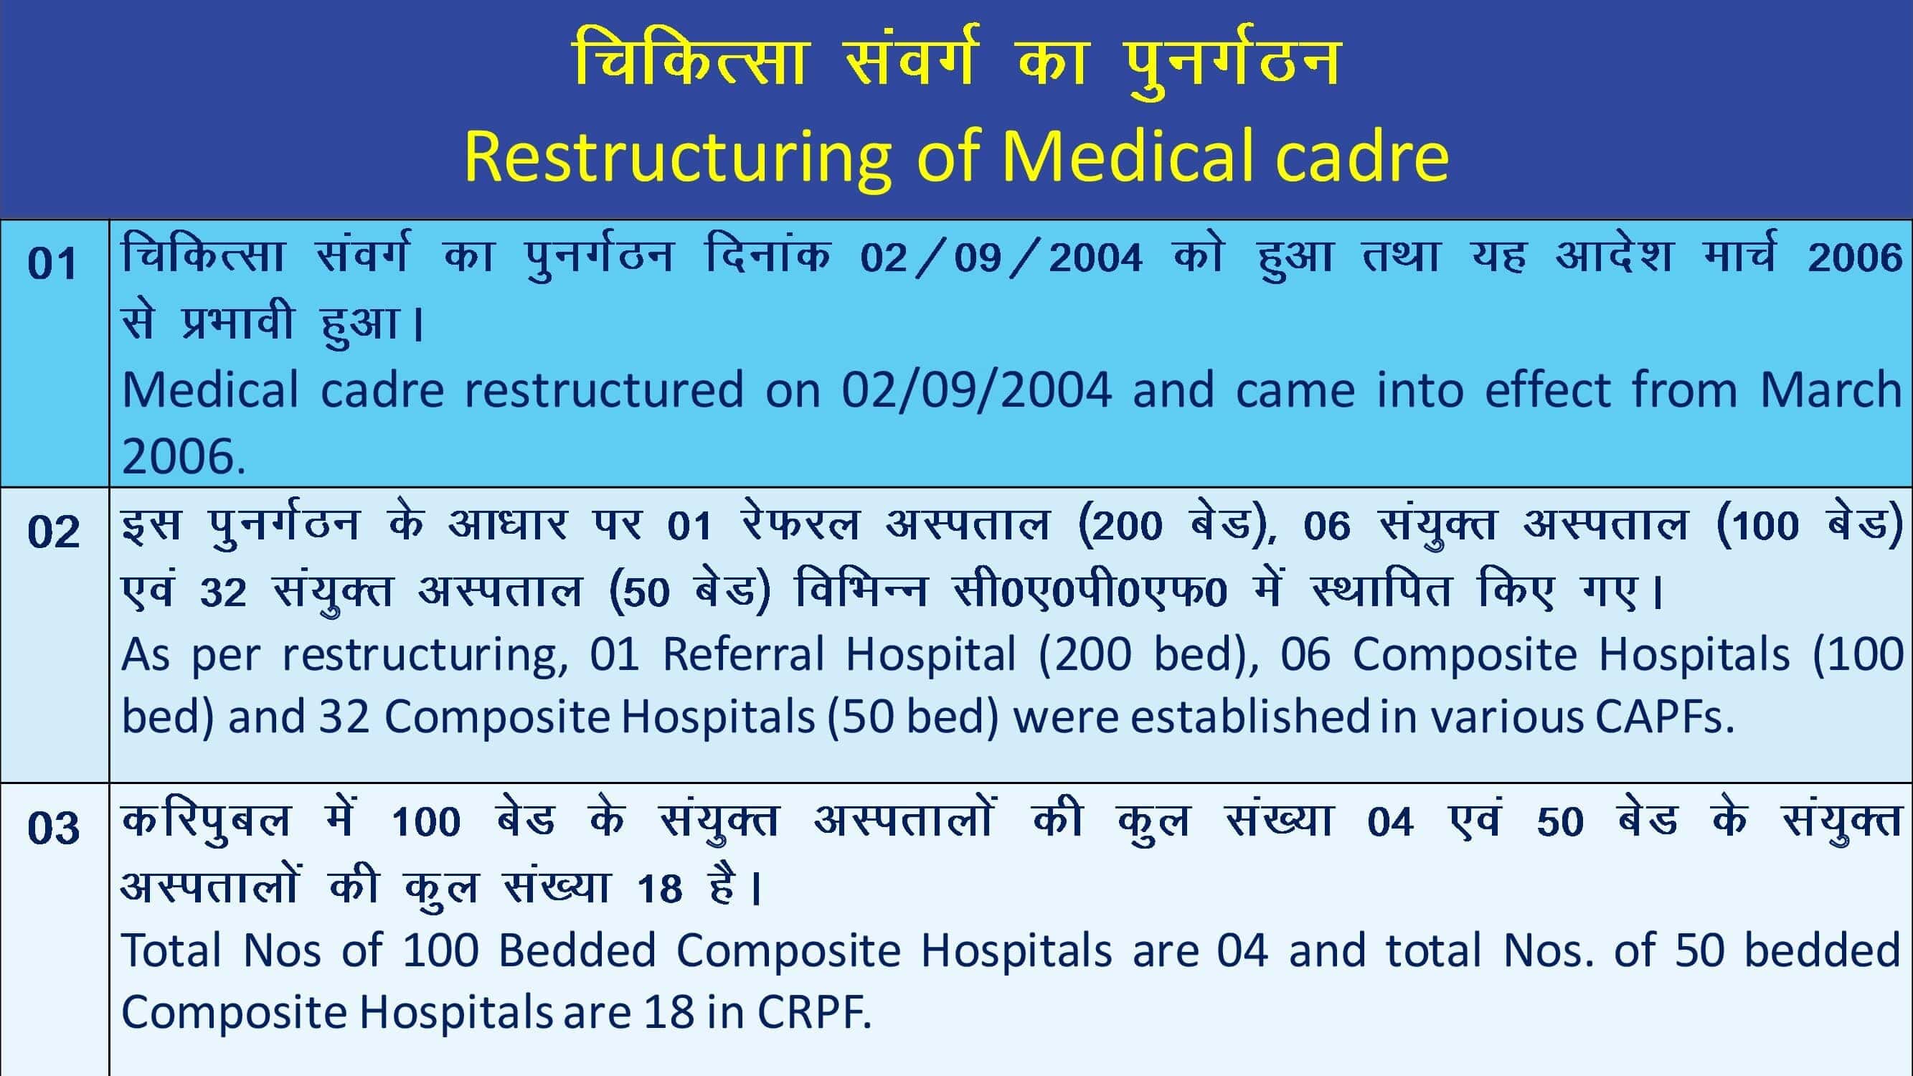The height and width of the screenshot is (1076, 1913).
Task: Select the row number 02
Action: click(53, 532)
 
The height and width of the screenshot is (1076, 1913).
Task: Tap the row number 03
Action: click(53, 827)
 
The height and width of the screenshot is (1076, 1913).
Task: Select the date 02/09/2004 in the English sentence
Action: click(976, 390)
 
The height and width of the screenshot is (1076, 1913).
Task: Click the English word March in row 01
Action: click(1831, 389)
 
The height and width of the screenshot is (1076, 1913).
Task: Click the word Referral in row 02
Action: click(743, 654)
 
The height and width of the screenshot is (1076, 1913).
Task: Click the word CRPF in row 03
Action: click(813, 1011)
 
